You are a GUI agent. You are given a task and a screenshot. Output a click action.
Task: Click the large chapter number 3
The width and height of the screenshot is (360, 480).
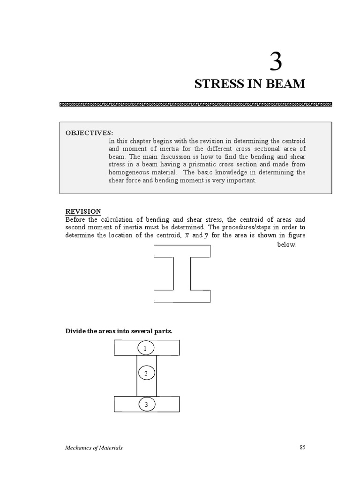(276, 62)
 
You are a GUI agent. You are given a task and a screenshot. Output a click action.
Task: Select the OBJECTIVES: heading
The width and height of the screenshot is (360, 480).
(89, 133)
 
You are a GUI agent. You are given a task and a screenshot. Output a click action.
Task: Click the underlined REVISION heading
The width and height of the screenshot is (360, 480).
(83, 211)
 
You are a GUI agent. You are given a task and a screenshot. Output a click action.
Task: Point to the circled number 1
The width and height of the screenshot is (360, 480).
(146, 348)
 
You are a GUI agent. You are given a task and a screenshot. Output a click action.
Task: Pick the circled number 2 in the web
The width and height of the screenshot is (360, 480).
(146, 373)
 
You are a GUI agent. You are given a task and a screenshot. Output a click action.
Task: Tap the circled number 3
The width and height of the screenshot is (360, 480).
(146, 405)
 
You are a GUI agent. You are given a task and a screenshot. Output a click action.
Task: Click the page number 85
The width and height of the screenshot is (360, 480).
(302, 447)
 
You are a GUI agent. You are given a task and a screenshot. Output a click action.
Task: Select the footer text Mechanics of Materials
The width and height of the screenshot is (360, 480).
(94, 448)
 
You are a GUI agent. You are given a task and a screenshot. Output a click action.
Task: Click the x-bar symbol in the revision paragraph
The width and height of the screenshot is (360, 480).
(187, 235)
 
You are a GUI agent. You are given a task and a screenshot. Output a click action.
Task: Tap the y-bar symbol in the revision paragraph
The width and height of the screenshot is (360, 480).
(206, 235)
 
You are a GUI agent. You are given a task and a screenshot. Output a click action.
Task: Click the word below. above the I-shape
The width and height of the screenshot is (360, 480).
(287, 245)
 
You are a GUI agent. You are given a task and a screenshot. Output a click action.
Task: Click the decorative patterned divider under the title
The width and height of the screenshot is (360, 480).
(196, 105)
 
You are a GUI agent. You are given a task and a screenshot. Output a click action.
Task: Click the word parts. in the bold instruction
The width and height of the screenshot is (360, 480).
(163, 331)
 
